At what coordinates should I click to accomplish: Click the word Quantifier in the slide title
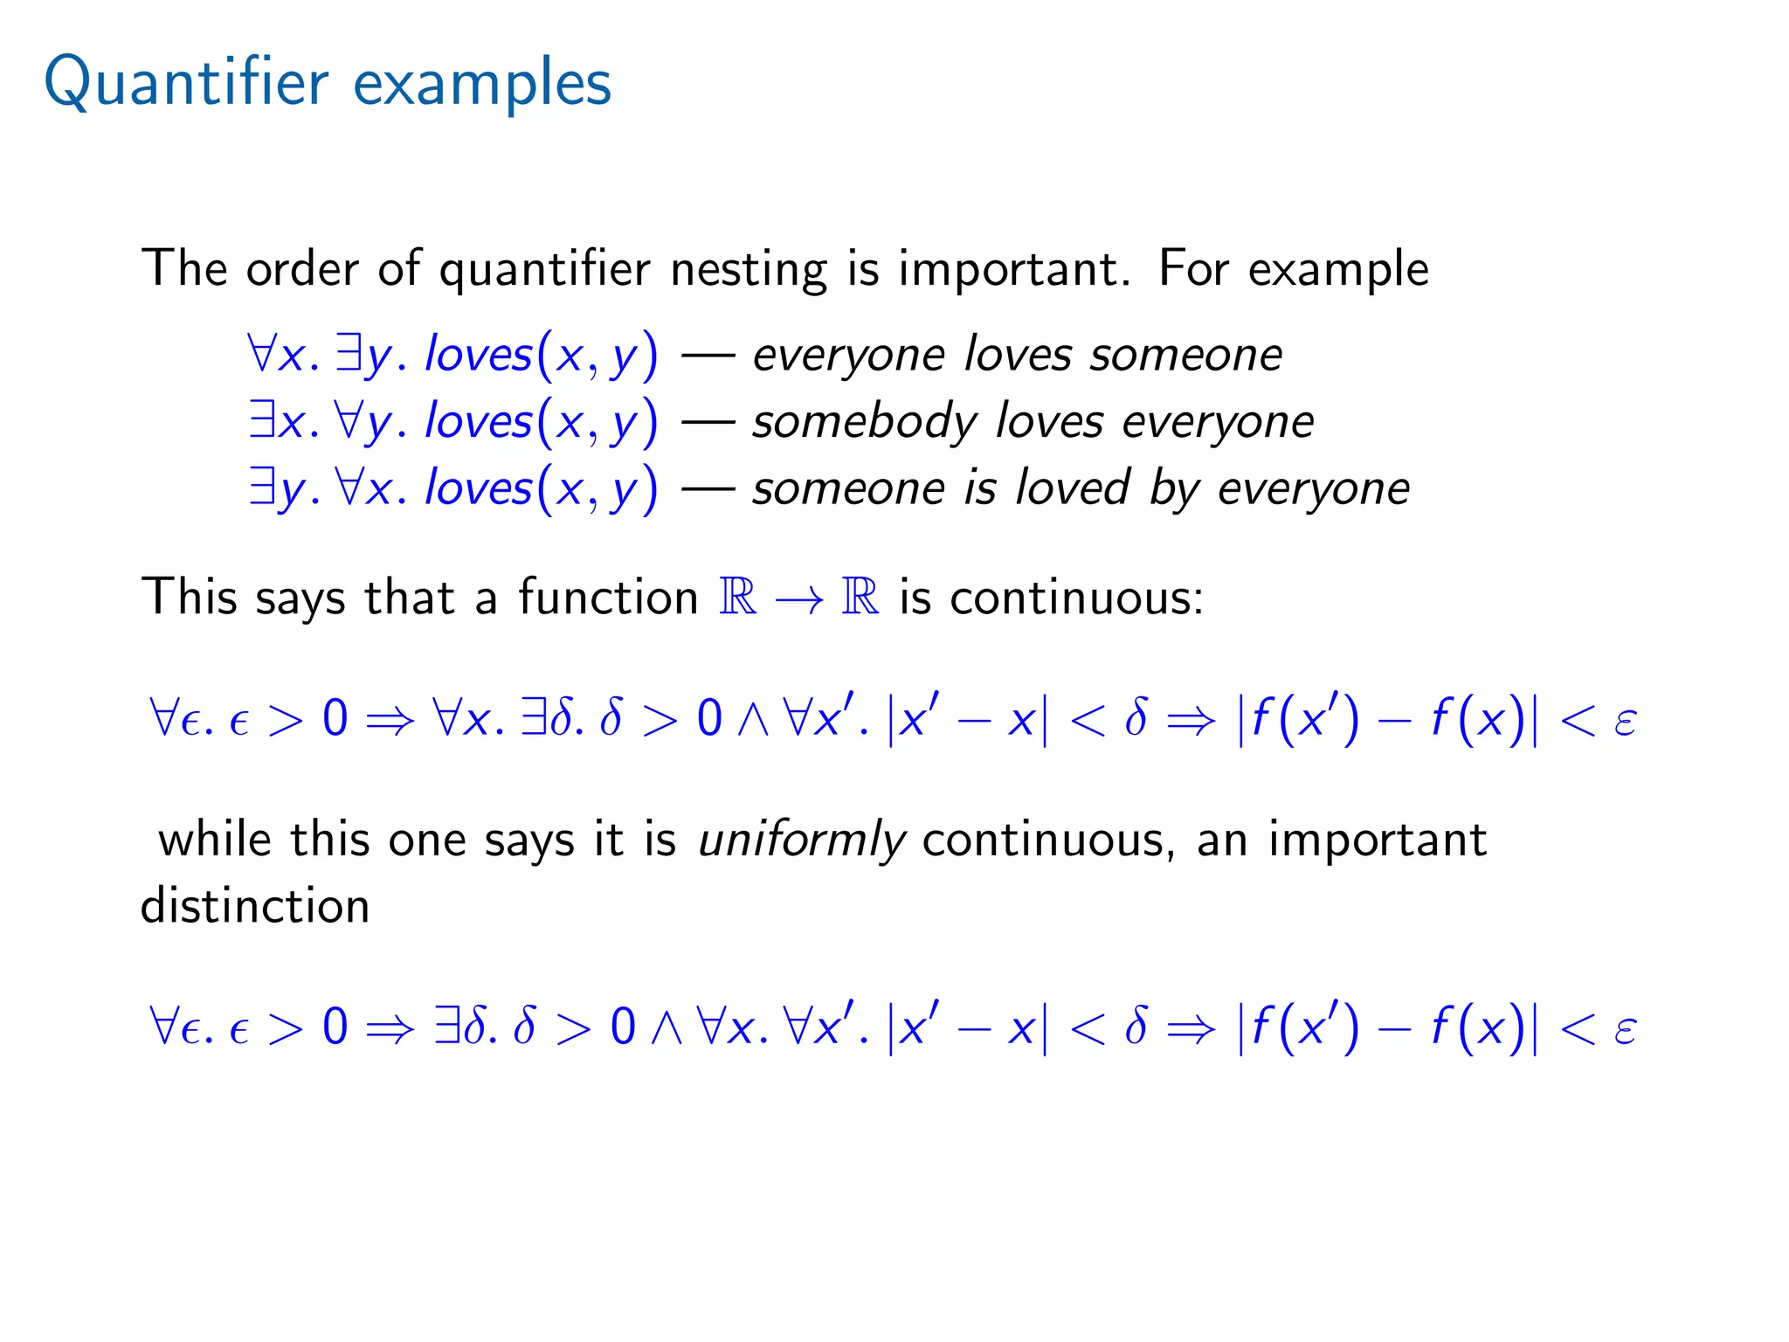click(186, 83)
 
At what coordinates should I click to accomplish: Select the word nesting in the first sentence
click(747, 269)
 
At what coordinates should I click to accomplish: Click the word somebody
click(865, 422)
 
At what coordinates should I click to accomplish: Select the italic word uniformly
click(802, 840)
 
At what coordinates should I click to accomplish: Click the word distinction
click(255, 906)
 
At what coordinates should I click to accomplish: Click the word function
click(608, 598)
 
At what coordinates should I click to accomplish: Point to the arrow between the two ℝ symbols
click(798, 599)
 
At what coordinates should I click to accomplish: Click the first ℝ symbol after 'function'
click(737, 597)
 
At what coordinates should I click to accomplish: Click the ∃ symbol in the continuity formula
click(533, 718)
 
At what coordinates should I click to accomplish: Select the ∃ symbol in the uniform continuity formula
click(446, 1026)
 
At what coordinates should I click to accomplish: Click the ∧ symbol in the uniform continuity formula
click(666, 1027)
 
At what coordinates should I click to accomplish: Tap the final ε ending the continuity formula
click(1625, 722)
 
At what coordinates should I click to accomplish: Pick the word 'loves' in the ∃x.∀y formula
click(478, 422)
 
